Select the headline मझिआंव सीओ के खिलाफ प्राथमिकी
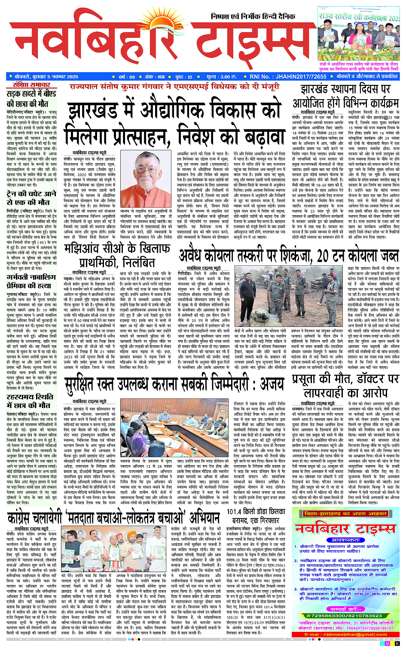coord(117,256)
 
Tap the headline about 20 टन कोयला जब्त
coord(288,256)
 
